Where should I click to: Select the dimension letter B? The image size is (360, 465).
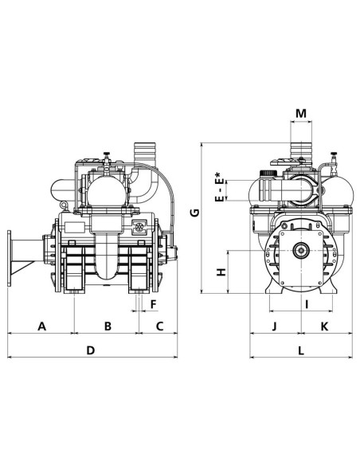click(108, 326)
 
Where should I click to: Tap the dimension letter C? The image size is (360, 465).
click(158, 326)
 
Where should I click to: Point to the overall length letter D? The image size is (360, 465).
click(91, 350)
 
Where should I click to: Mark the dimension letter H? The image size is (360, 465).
click(222, 272)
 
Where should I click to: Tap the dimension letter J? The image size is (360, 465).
click(273, 326)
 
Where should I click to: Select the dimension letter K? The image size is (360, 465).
click(325, 326)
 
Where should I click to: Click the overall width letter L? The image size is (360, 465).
click(300, 350)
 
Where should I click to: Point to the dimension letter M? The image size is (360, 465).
click(300, 114)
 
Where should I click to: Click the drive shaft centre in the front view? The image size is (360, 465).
click(303, 253)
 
